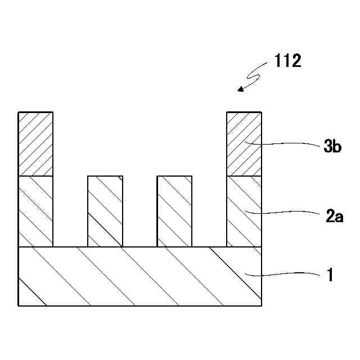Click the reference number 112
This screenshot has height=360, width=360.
pyautogui.click(x=287, y=61)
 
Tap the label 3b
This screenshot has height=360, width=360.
pyautogui.click(x=332, y=147)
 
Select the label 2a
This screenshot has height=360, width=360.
pyautogui.click(x=334, y=216)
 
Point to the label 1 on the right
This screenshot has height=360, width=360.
pyautogui.click(x=331, y=276)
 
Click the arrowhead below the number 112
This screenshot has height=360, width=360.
pyautogui.click(x=241, y=89)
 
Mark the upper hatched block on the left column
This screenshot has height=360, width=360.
pyautogui.click(x=36, y=144)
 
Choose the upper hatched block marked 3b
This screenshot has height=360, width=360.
pyautogui.click(x=244, y=144)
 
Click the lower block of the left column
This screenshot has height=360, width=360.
pyautogui.click(x=36, y=211)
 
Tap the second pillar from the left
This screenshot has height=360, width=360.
pyautogui.click(x=105, y=211)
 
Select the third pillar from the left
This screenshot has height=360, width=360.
pyautogui.click(x=174, y=211)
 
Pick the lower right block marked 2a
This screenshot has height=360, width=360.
pyautogui.click(x=244, y=211)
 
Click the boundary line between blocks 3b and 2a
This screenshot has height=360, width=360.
pyautogui.click(x=244, y=176)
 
